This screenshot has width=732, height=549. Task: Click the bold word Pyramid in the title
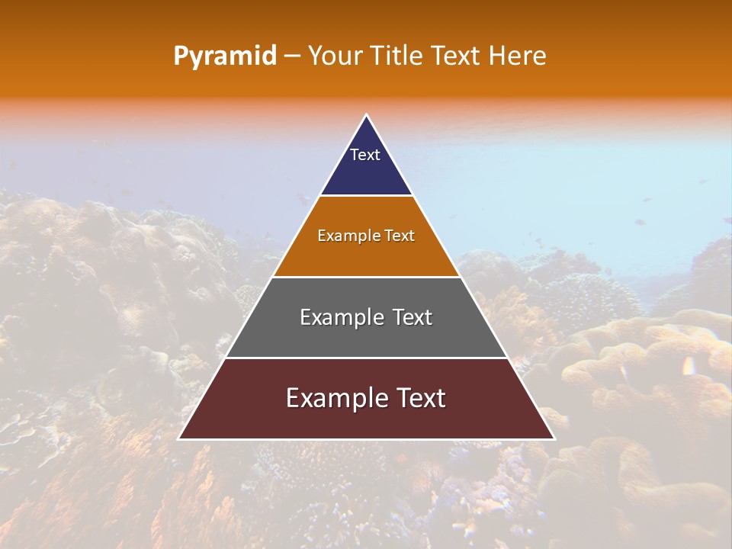tap(224, 56)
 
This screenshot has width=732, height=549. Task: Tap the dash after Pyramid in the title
tap(292, 56)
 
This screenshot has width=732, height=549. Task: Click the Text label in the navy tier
tap(365, 155)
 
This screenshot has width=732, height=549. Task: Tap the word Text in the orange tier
tap(400, 236)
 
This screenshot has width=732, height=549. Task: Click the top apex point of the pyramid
tap(366, 115)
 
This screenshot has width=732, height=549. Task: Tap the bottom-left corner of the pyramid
tap(179, 438)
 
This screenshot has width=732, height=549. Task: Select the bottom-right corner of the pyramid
tap(554, 438)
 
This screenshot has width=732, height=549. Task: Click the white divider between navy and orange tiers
tap(366, 196)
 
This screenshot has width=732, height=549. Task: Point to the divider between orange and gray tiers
tap(366, 277)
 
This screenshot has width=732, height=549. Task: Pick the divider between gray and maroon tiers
tap(366, 358)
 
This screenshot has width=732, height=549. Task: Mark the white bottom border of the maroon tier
tap(366, 439)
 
